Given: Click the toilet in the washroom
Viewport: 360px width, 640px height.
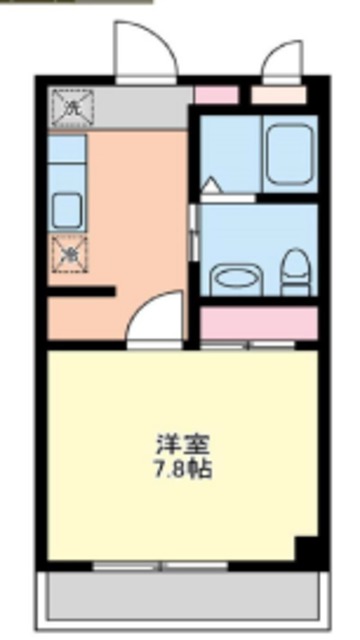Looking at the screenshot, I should tap(294, 272).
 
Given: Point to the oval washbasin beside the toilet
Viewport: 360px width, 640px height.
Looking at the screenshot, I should tap(237, 275).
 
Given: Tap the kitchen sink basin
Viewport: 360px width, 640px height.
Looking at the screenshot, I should tap(67, 211).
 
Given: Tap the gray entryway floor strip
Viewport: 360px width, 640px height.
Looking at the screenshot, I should tap(140, 108).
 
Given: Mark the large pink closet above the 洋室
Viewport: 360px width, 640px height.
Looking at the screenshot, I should tap(259, 322).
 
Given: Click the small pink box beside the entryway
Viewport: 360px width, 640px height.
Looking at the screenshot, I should tap(215, 96).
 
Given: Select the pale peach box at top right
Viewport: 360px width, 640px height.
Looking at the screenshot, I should tap(278, 96).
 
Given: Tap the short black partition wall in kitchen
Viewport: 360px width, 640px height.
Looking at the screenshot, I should tap(83, 292).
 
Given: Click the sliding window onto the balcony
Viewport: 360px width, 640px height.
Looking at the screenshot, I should tap(160, 566).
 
